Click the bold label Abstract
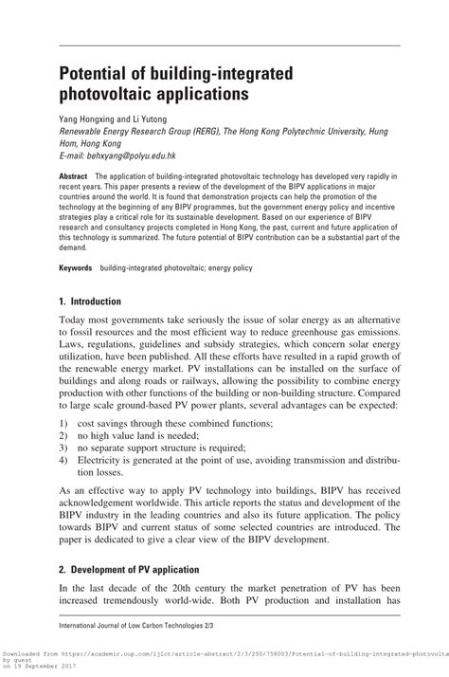pyautogui.click(x=74, y=177)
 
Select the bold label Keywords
pyautogui.click(x=77, y=269)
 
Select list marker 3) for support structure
pyautogui.click(x=63, y=447)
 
